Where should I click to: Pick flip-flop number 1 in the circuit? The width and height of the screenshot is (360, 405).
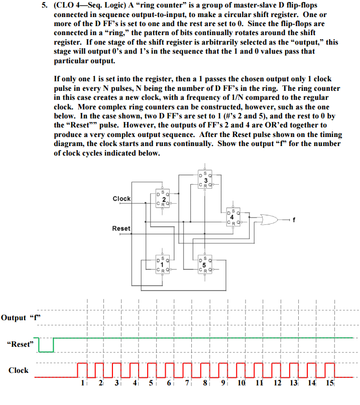(x=163, y=264)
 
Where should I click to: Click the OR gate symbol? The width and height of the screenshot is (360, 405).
(x=269, y=219)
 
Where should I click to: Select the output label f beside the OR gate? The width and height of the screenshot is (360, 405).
(x=294, y=219)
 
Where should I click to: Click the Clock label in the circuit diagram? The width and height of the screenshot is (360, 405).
(x=122, y=199)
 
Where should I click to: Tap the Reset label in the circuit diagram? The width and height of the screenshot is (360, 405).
(x=121, y=228)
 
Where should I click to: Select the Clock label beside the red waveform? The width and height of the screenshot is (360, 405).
(x=19, y=370)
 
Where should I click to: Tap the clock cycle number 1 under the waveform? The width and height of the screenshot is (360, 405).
(x=83, y=384)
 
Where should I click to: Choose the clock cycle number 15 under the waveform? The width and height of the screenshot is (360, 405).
(x=330, y=384)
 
